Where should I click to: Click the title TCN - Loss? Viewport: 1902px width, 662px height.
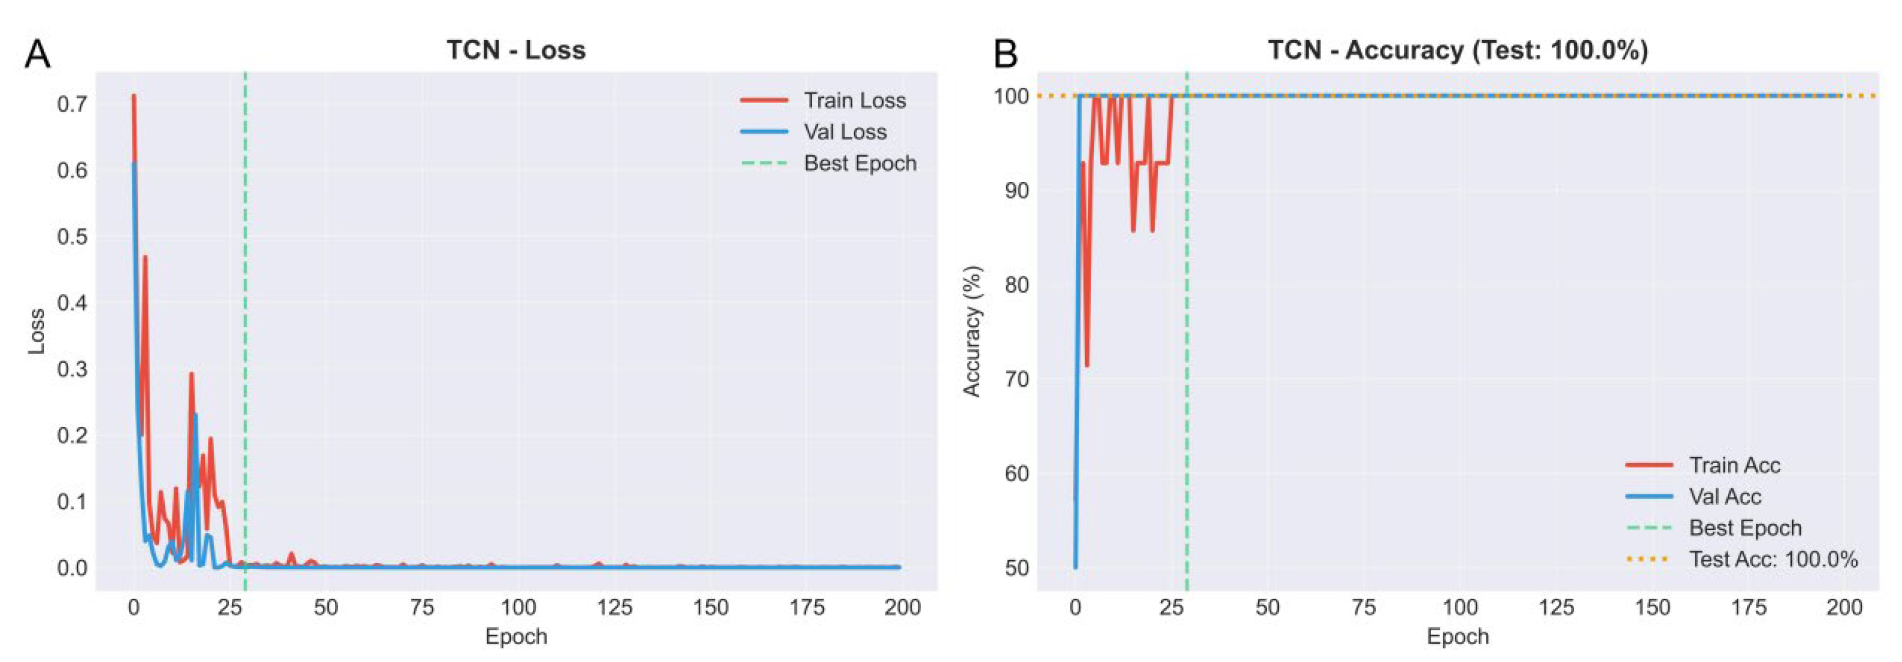(x=516, y=50)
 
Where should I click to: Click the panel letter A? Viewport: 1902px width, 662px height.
(x=37, y=55)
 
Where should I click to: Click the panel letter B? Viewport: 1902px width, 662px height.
(x=1006, y=55)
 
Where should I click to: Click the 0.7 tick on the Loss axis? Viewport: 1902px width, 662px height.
(x=72, y=104)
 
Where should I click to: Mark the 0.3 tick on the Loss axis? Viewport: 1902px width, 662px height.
(x=72, y=369)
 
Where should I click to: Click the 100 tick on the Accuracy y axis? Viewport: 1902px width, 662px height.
(x=1011, y=96)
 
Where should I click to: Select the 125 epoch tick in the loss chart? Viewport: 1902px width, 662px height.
(x=614, y=608)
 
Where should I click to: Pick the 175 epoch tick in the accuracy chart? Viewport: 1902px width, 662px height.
(x=1748, y=608)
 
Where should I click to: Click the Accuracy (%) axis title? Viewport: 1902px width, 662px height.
(x=972, y=331)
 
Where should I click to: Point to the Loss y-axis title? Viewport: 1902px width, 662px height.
(x=36, y=331)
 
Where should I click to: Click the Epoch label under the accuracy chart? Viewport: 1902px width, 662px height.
(x=1458, y=637)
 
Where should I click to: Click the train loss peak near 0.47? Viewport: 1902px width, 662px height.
(x=145, y=258)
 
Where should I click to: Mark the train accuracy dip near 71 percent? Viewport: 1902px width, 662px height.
(x=1087, y=365)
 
